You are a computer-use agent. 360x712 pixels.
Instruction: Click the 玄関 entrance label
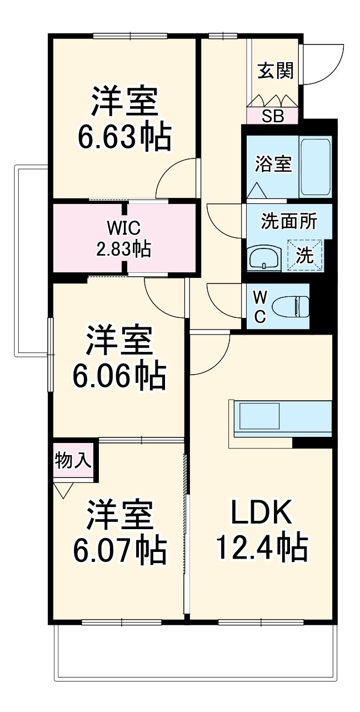[x=275, y=71]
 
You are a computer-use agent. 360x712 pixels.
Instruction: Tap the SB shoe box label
[x=273, y=117]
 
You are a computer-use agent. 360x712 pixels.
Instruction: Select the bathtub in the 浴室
[x=316, y=166]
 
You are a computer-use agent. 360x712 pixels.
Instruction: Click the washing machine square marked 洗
[x=304, y=255]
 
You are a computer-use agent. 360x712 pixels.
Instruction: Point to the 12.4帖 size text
[x=261, y=547]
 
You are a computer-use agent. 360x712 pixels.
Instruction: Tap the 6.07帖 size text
[x=119, y=549]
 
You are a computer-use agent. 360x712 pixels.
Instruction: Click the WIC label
[x=124, y=228]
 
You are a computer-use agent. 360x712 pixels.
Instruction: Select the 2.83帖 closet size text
[x=124, y=250]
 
